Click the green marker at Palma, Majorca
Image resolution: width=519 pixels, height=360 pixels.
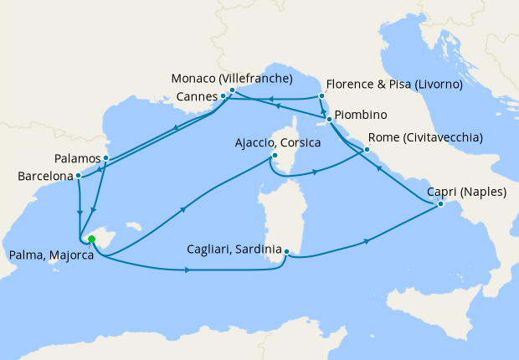pyautogui.click(x=91, y=239)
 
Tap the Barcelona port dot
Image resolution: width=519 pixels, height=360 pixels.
pyautogui.click(x=78, y=176)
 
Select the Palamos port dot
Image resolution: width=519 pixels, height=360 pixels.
pyautogui.click(x=105, y=157)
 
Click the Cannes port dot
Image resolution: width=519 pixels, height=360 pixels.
pyautogui.click(x=223, y=96)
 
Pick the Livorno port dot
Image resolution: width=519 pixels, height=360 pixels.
pyautogui.click(x=321, y=96)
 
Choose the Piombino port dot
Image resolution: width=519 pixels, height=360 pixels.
pyautogui.click(x=330, y=120)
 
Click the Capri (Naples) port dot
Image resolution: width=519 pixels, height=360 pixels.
pyautogui.click(x=440, y=205)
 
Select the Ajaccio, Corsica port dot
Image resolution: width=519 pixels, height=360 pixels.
pyautogui.click(x=273, y=156)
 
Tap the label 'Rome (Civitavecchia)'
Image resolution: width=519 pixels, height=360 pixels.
pyautogui.click(x=424, y=138)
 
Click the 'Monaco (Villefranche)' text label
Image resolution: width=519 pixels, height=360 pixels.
pyautogui.click(x=231, y=80)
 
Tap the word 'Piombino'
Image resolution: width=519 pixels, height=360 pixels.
pyautogui.click(x=362, y=115)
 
